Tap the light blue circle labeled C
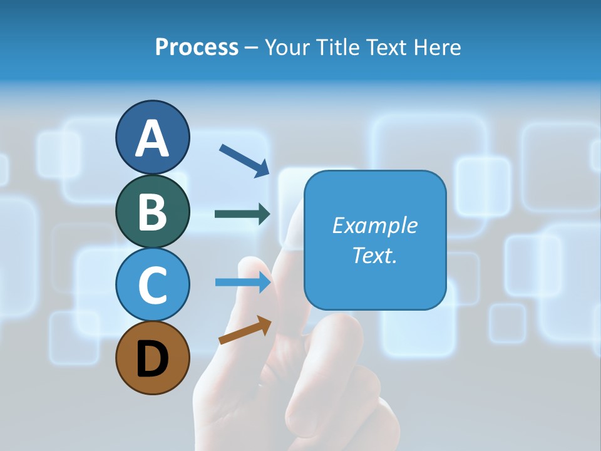click(x=152, y=284)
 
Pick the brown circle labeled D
click(x=152, y=358)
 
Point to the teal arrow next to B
click(x=242, y=214)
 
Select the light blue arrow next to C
click(x=243, y=283)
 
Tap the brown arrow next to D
click(x=245, y=329)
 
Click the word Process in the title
click(x=197, y=48)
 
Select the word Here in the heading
click(x=438, y=48)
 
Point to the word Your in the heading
click(x=288, y=48)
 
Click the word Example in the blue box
click(x=374, y=225)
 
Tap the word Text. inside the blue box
click(x=374, y=255)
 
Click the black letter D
click(x=152, y=360)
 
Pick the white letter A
click(x=152, y=138)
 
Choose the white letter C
click(x=152, y=285)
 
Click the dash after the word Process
click(x=251, y=48)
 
